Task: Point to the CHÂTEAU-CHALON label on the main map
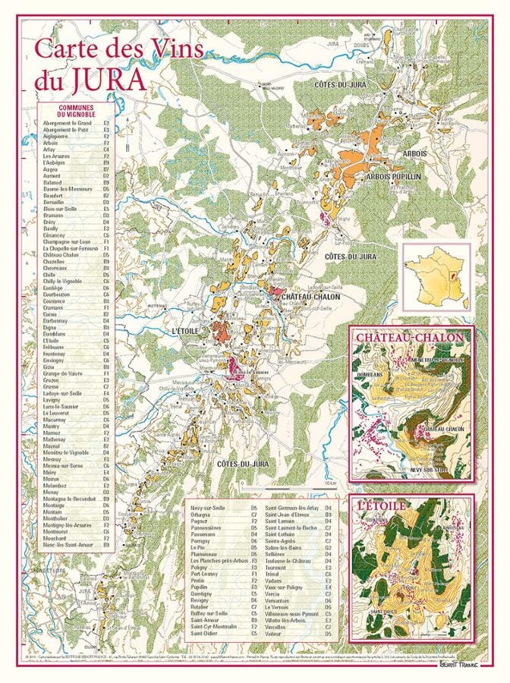[x=311, y=297]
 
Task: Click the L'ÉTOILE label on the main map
[x=185, y=332]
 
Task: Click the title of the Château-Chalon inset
[x=411, y=335]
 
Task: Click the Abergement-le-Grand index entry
[x=68, y=122]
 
